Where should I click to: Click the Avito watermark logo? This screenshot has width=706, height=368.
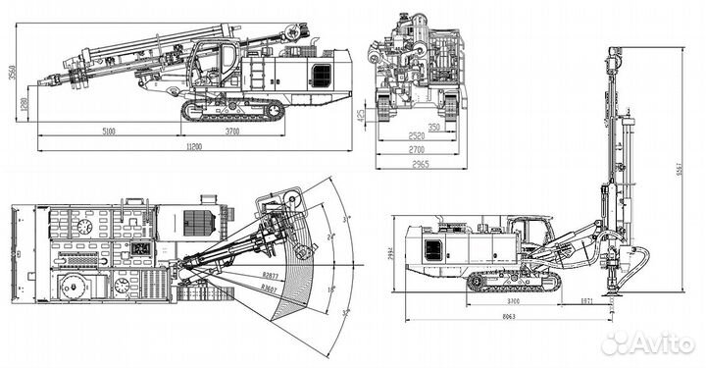point(647,342)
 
